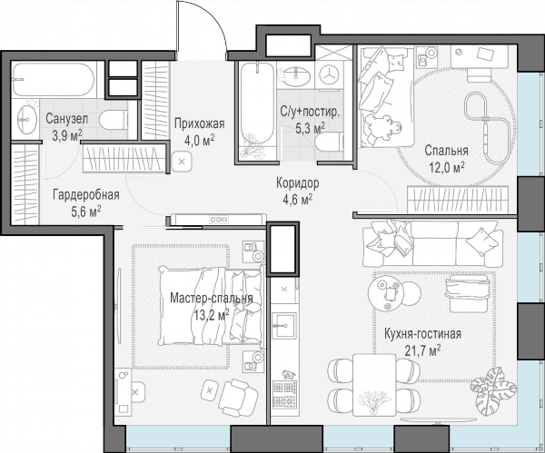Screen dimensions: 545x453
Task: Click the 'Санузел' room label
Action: click(x=66, y=119)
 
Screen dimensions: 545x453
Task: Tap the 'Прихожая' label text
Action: click(x=200, y=123)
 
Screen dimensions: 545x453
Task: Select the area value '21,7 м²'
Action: click(x=423, y=350)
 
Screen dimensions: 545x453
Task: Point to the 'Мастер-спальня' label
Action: click(x=212, y=299)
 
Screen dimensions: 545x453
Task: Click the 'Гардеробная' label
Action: click(x=86, y=195)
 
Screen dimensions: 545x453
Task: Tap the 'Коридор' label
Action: click(x=298, y=183)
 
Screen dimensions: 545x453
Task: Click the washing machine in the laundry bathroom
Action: click(x=329, y=75)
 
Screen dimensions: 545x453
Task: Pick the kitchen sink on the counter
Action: click(x=284, y=326)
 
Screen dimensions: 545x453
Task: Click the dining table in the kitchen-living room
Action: click(x=374, y=385)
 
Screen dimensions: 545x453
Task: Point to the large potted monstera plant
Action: click(x=493, y=391)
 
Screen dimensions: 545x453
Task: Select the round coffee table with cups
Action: click(x=387, y=294)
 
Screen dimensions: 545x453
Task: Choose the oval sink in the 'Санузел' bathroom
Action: click(x=26, y=119)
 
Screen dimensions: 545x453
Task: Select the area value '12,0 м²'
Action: click(x=447, y=167)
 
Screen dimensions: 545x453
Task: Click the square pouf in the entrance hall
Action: click(x=182, y=162)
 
